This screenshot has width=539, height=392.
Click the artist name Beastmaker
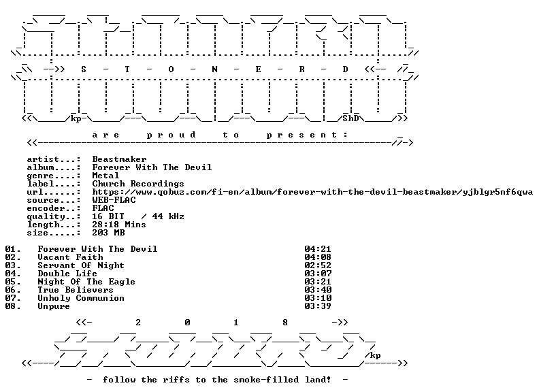click(x=119, y=159)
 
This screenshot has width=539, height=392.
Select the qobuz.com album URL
click(x=312, y=192)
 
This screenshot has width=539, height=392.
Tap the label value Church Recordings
click(x=138, y=184)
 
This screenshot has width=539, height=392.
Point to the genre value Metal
click(x=105, y=176)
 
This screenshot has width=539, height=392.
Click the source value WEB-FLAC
click(x=114, y=200)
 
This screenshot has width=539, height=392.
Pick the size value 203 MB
click(x=108, y=233)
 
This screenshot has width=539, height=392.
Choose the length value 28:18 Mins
click(x=119, y=225)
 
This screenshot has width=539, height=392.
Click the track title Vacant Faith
click(x=71, y=257)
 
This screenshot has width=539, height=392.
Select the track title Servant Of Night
click(x=81, y=265)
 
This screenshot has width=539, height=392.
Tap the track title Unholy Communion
click(x=81, y=298)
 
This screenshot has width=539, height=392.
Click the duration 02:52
click(x=318, y=265)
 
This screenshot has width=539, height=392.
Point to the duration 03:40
click(x=318, y=290)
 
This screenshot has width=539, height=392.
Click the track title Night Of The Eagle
click(x=86, y=282)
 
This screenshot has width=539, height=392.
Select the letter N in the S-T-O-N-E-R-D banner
click(x=214, y=69)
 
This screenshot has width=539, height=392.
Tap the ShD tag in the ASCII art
click(x=350, y=118)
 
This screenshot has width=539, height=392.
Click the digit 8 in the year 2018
click(x=285, y=323)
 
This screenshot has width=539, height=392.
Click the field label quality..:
click(x=54, y=216)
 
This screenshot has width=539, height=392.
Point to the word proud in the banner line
click(x=171, y=135)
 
